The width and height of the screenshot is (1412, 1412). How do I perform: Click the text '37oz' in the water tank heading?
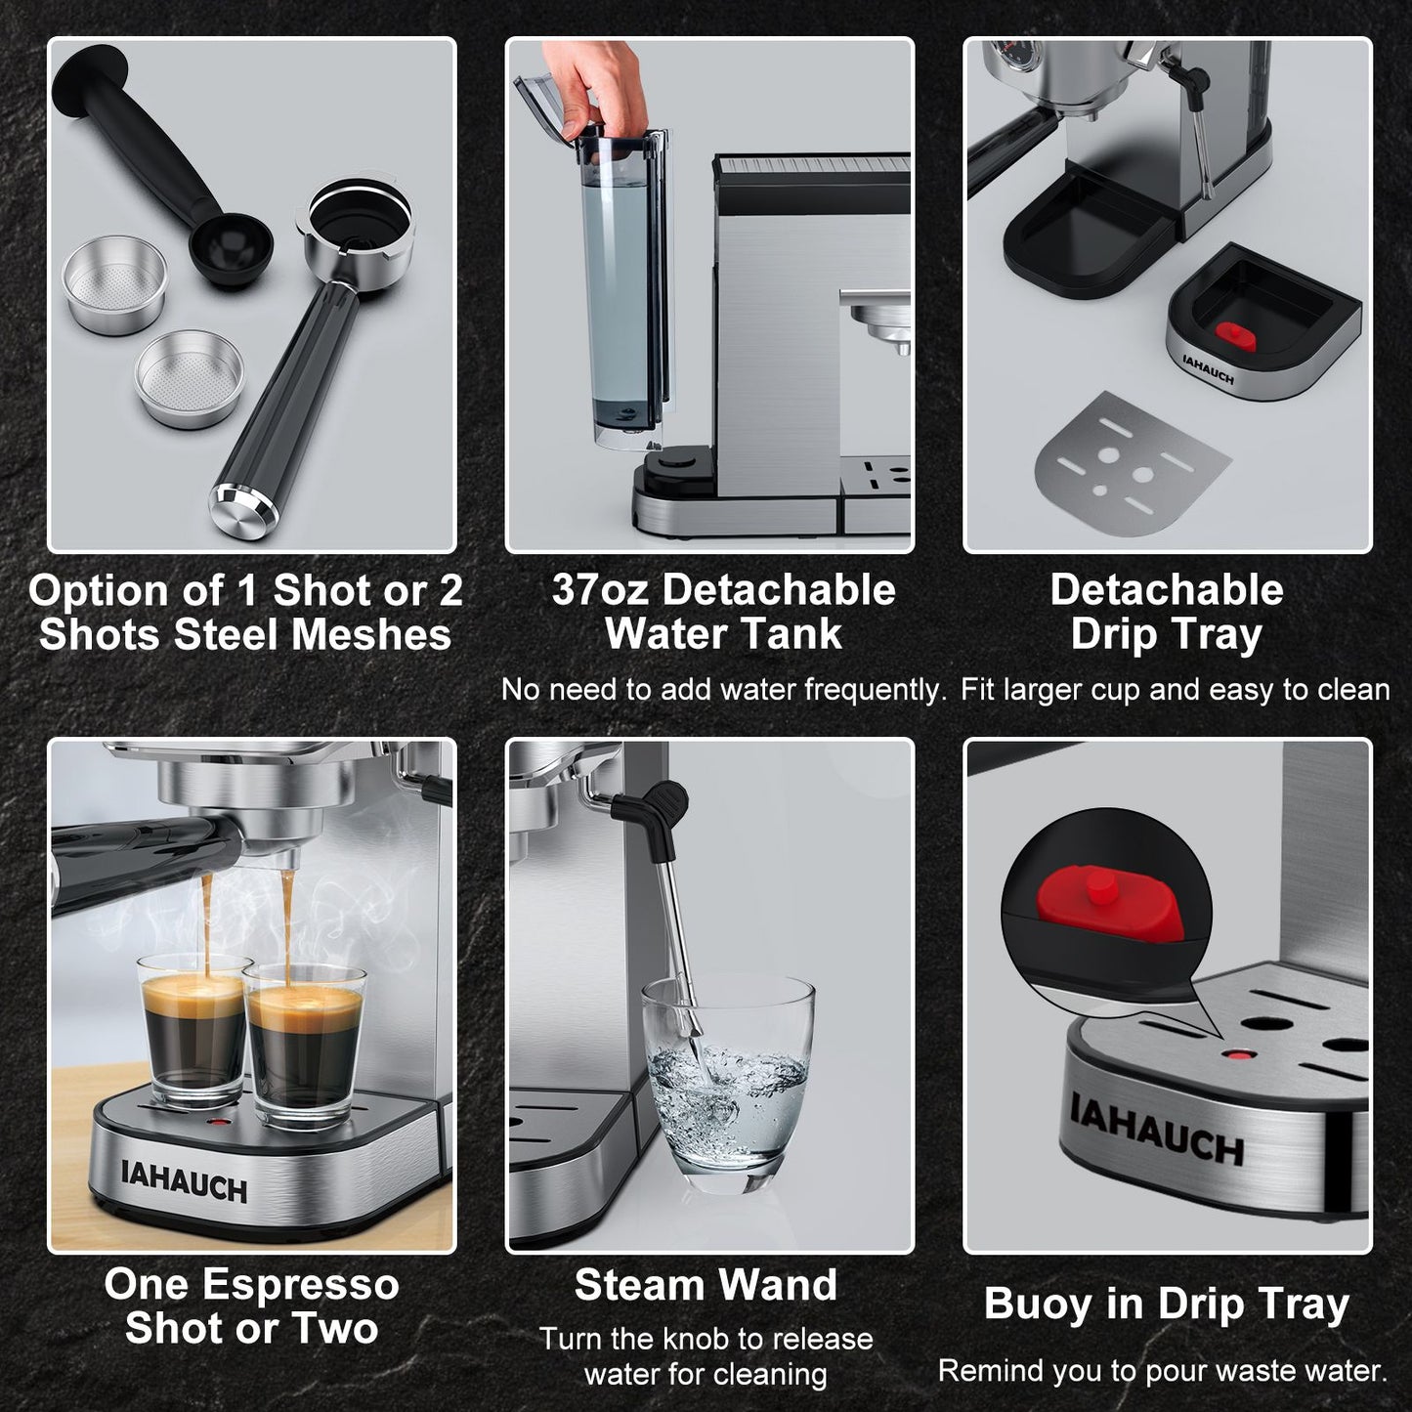(600, 590)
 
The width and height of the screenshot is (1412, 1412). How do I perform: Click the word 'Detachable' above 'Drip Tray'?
(1167, 590)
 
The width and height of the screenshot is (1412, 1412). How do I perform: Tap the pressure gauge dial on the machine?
(1004, 54)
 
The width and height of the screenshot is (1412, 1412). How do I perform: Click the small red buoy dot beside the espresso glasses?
(217, 1121)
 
